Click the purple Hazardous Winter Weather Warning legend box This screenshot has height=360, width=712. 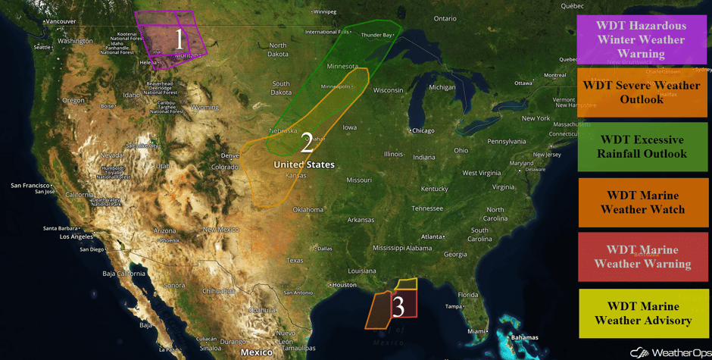pos(641,39)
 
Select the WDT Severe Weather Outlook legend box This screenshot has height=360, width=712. pos(642,92)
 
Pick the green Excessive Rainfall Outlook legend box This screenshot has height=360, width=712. pos(642,147)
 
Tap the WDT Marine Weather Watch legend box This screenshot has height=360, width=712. pos(642,202)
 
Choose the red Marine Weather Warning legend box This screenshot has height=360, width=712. pos(642,257)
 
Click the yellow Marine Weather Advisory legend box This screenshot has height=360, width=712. pos(642,313)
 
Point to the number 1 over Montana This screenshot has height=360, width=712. pos(179,39)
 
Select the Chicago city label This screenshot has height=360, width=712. pos(424,130)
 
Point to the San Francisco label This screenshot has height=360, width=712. pos(30,185)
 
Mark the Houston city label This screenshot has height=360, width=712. pos(344,285)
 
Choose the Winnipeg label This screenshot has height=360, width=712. pos(324,11)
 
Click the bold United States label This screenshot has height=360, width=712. pos(304,164)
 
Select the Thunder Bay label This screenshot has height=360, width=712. pos(376,35)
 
